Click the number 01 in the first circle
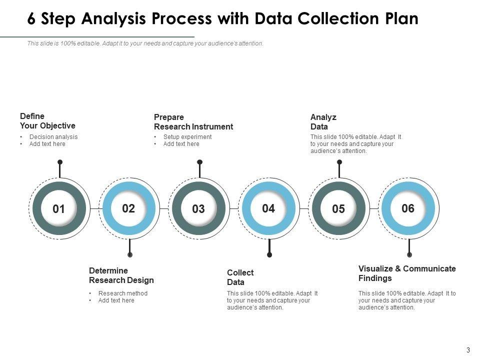58,209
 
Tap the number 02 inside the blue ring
128,208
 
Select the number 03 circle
198,209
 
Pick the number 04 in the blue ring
268,208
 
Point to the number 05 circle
338,209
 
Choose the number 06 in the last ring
408,208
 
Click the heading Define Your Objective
47,121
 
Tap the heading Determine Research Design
121,275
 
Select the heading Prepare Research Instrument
193,122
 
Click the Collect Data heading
240,277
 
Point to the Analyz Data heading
323,122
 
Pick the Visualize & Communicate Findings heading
407,273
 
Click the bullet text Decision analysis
53,137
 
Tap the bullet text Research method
123,293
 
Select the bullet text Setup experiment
187,137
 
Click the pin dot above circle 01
60,162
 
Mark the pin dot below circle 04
269,254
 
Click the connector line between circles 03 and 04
234,209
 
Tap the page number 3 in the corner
468,350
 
